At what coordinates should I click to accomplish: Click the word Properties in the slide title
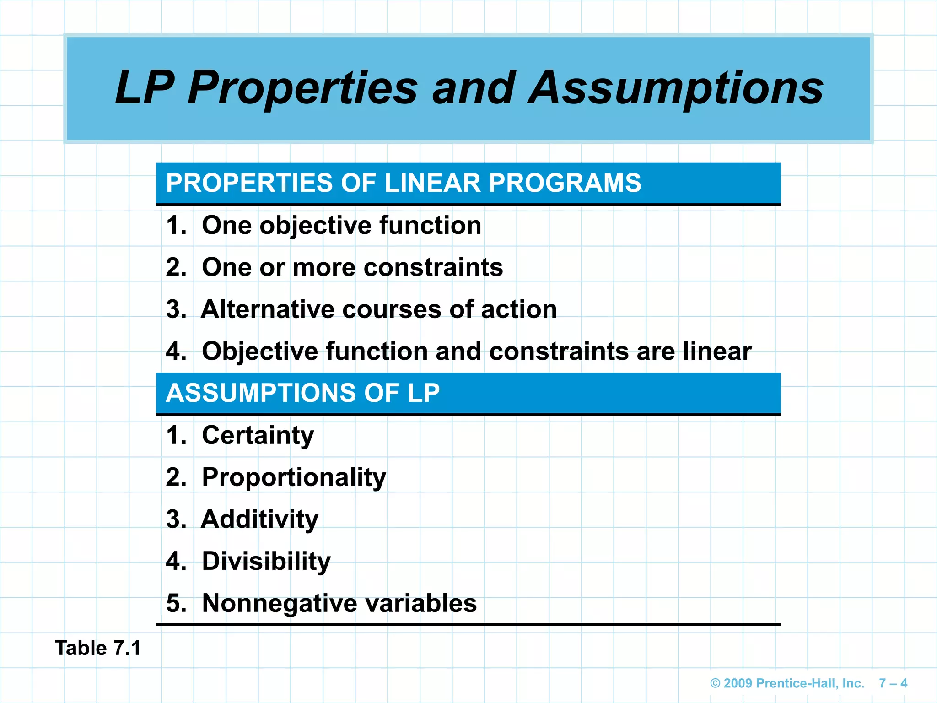click(302, 88)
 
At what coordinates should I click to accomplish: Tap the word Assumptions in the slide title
click(675, 88)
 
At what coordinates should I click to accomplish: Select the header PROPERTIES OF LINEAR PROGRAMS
click(403, 183)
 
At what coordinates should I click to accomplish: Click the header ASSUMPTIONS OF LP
click(302, 393)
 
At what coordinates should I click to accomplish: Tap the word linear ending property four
click(717, 351)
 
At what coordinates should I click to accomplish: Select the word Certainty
click(258, 435)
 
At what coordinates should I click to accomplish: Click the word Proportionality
click(294, 477)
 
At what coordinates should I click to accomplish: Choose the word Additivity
click(260, 519)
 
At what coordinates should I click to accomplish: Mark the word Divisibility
click(266, 562)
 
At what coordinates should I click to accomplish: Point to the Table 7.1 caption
click(98, 648)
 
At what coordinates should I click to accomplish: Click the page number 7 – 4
click(893, 683)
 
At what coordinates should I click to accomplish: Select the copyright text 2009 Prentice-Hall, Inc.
click(787, 683)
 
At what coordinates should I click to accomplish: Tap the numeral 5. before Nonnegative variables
click(176, 603)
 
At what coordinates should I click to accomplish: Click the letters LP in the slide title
click(145, 88)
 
